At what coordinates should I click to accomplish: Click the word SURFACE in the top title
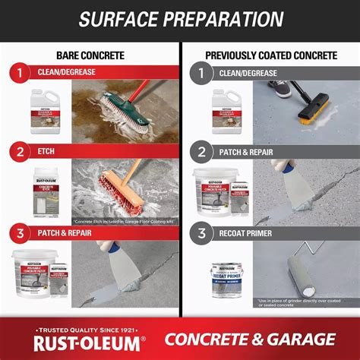click(x=122, y=19)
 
